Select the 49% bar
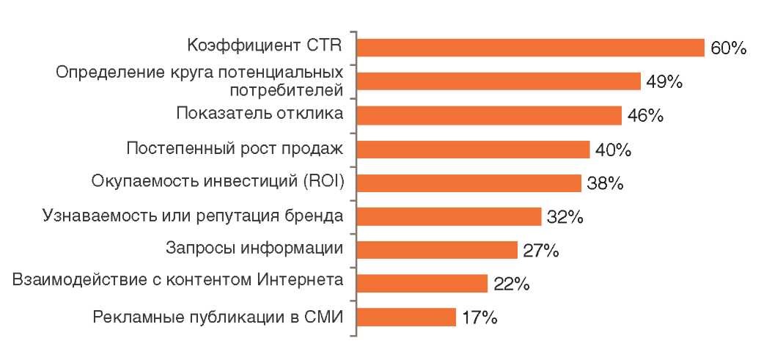click(x=499, y=81)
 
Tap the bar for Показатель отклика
click(x=489, y=115)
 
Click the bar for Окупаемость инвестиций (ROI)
click(x=468, y=183)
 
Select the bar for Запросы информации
click(x=437, y=250)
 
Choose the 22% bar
click(x=422, y=283)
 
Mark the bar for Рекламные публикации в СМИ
click(x=406, y=317)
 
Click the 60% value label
click(x=727, y=48)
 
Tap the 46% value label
click(x=646, y=116)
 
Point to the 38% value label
click(x=605, y=183)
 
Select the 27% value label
click(x=541, y=251)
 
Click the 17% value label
click(x=480, y=318)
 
